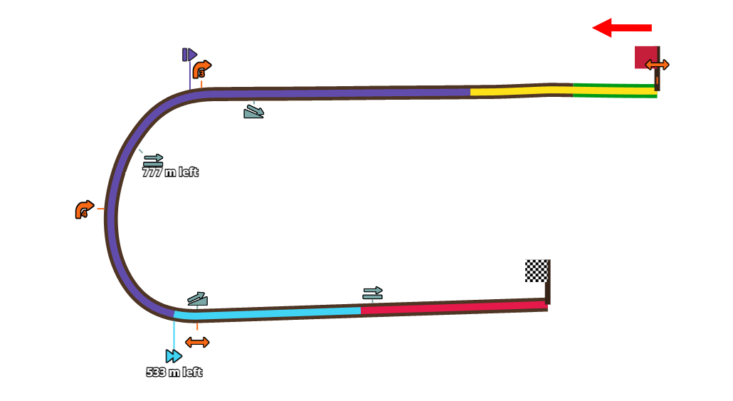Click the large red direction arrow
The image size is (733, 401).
(621, 28)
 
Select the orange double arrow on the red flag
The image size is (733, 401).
(657, 65)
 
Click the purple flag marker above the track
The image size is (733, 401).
(189, 55)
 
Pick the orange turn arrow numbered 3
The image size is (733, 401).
(201, 69)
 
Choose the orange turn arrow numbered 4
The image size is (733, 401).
(84, 209)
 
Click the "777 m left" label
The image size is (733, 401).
(170, 172)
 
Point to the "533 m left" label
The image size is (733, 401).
(174, 373)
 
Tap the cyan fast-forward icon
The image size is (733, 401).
(174, 356)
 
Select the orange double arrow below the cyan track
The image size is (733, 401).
(197, 343)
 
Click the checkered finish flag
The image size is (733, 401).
(536, 271)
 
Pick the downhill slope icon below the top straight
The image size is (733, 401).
(254, 112)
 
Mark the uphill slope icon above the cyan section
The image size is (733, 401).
(197, 299)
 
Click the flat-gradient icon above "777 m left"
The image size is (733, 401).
(153, 160)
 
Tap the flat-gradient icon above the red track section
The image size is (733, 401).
(372, 293)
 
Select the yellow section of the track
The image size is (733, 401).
(520, 90)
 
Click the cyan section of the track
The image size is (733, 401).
(270, 313)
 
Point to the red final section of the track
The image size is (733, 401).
(455, 308)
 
